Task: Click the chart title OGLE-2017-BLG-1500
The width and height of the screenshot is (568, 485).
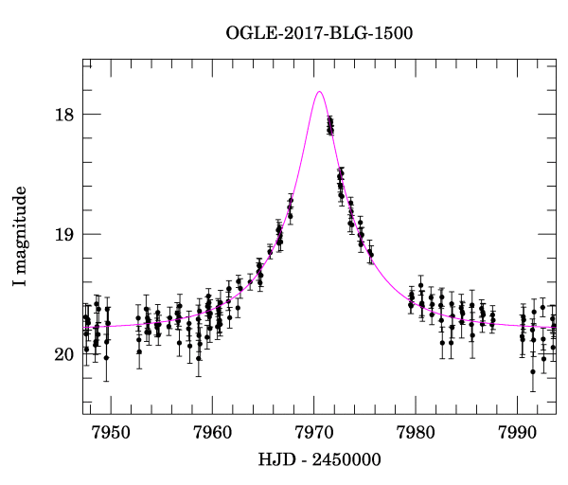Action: (x=319, y=33)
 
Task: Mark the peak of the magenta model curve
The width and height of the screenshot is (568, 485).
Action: (x=320, y=92)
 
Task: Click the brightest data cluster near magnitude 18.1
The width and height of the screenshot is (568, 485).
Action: (x=330, y=125)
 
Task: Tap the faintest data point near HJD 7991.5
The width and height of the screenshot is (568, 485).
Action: (x=533, y=371)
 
